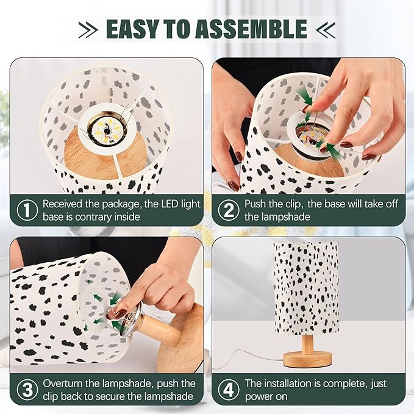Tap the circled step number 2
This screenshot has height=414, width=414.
228,211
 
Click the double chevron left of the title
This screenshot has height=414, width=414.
88,29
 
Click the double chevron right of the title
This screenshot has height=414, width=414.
327,29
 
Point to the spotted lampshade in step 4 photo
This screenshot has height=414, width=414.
306,287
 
